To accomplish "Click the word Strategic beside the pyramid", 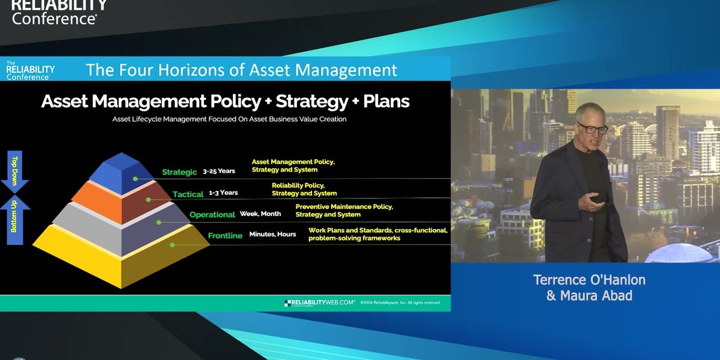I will (179, 172).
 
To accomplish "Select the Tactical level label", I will (188, 194).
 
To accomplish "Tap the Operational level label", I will (212, 215).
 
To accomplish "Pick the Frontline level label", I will (225, 236).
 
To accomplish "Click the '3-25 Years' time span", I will (219, 172).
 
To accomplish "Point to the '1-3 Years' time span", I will (223, 193).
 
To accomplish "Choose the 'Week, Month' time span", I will (260, 214).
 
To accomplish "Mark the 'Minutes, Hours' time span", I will (272, 234).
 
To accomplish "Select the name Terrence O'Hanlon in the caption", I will (589, 280).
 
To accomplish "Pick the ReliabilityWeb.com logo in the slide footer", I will (319, 303).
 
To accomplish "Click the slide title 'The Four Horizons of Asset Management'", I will (241, 70).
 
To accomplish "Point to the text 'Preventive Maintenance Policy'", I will (344, 206).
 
